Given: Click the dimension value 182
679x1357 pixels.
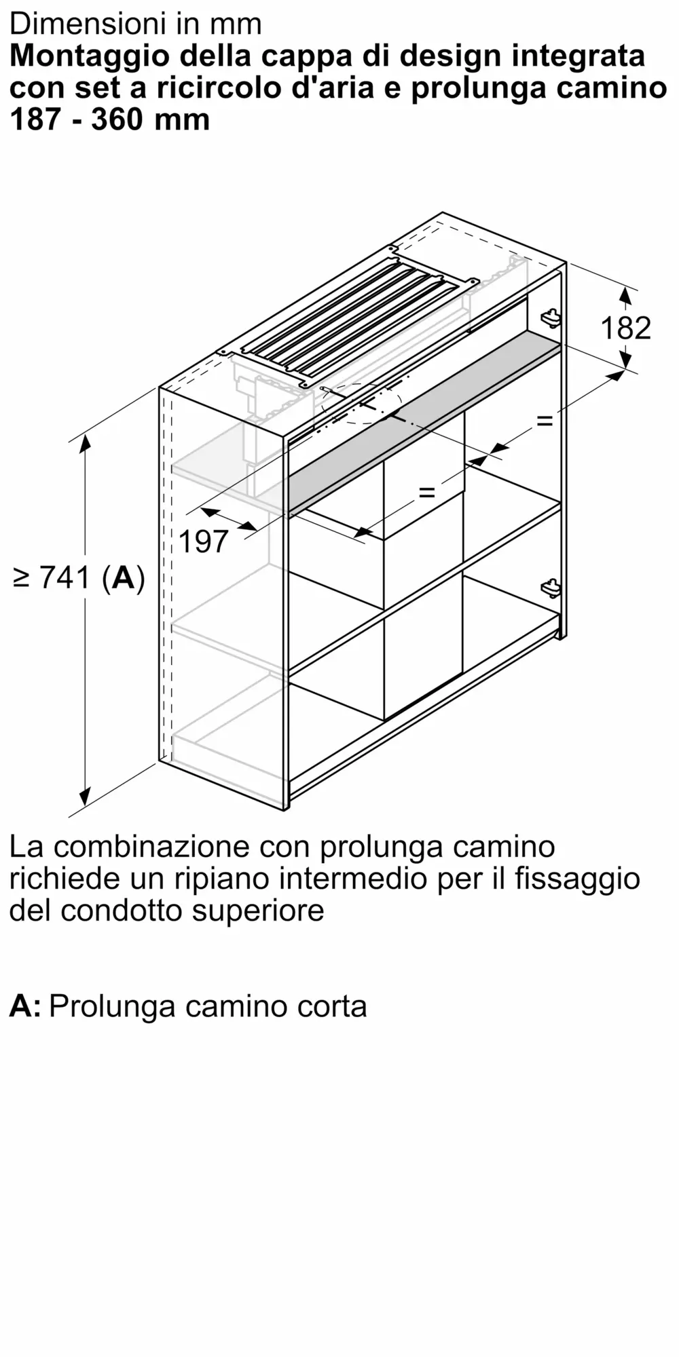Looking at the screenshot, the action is pyautogui.click(x=625, y=328).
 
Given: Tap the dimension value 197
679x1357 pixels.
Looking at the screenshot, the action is pyautogui.click(x=204, y=541).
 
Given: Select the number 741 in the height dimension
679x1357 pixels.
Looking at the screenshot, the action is pyautogui.click(x=65, y=578).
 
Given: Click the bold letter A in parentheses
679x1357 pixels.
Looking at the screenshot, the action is pyautogui.click(x=124, y=578).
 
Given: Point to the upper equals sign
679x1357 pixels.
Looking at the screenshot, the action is pyautogui.click(x=545, y=421).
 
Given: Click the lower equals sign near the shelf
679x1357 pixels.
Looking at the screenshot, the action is pyautogui.click(x=426, y=491).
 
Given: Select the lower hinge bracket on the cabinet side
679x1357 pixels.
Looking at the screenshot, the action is pyautogui.click(x=551, y=588).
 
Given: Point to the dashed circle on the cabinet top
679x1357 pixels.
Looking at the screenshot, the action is pyautogui.click(x=360, y=404).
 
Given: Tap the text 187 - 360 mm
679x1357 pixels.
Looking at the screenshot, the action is pyautogui.click(x=110, y=119).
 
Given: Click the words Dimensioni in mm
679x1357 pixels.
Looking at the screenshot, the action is pyautogui.click(x=136, y=24).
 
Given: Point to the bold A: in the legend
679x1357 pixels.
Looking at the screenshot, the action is pyautogui.click(x=25, y=1006).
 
